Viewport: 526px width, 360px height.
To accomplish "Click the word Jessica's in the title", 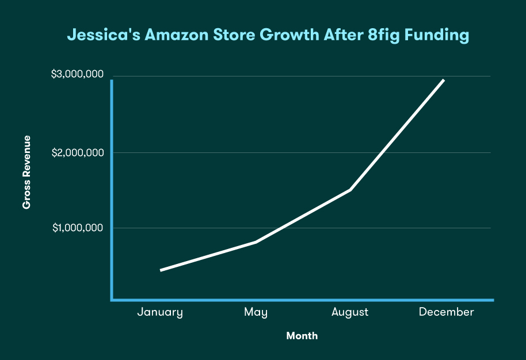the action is (x=104, y=35).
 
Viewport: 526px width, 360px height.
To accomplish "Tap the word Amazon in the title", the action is (x=177, y=35).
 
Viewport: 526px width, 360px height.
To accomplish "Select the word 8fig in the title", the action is (x=383, y=36).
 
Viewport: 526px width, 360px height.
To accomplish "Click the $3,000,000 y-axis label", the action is (x=78, y=74).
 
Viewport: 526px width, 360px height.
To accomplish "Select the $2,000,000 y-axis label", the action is (x=78, y=153).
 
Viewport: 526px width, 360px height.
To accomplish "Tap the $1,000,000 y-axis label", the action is (x=78, y=228).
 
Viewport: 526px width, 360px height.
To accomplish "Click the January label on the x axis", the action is (x=160, y=312).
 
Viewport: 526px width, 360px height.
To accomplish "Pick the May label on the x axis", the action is (x=256, y=312).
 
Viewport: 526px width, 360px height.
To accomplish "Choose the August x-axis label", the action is (x=350, y=312).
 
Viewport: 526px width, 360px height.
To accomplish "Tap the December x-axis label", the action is (x=447, y=312).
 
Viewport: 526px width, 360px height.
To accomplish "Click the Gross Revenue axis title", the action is (x=26, y=173).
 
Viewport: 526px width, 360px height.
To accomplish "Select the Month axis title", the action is (x=302, y=335).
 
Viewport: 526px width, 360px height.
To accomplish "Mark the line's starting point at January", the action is (x=161, y=270).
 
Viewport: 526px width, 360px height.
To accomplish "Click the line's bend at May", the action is (x=256, y=242).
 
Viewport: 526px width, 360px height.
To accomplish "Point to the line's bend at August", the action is (x=350, y=190).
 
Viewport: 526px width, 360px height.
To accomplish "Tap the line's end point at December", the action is (x=444, y=80).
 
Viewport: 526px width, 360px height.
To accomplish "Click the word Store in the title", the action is (x=234, y=35).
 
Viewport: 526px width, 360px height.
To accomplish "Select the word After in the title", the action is (x=344, y=35).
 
